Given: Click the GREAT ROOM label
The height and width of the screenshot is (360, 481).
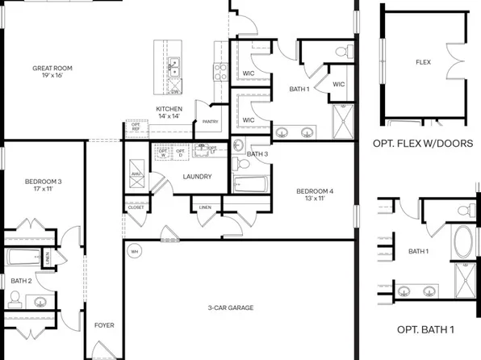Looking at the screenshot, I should [52, 69].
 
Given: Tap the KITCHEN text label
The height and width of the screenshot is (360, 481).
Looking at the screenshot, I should [169, 109].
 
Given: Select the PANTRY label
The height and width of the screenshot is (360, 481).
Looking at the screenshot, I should [211, 122].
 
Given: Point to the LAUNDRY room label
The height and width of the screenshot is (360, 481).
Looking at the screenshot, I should [197, 177].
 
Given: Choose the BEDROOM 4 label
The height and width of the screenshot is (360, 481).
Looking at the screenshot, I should [314, 191].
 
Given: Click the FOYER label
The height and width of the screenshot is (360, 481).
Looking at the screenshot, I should [104, 325].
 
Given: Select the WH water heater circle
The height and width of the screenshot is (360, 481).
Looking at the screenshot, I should [135, 250].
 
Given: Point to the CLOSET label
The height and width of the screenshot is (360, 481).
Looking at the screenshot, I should [136, 207].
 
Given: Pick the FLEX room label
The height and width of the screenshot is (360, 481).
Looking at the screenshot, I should [423, 61].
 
